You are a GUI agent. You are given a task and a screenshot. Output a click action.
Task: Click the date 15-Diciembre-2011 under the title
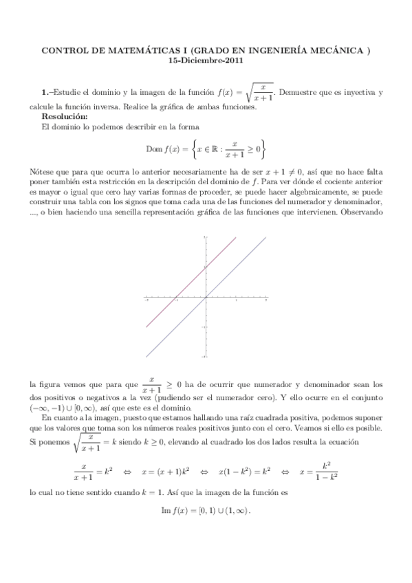(x=206, y=60)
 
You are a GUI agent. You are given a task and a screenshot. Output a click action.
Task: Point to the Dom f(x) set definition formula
(x=206, y=148)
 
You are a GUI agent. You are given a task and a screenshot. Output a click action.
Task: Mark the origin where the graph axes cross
(x=206, y=297)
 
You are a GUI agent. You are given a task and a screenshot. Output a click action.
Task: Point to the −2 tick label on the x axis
(x=146, y=300)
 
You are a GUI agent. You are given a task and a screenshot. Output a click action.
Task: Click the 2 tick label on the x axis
(x=265, y=300)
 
